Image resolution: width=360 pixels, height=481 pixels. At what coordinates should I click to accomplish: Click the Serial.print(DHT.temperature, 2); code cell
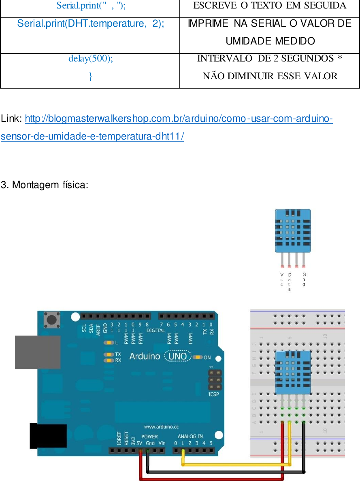click(x=90, y=23)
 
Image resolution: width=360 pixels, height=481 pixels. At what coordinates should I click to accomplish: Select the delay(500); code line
click(x=90, y=58)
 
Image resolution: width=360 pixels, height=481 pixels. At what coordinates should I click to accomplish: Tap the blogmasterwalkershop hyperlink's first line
click(x=179, y=119)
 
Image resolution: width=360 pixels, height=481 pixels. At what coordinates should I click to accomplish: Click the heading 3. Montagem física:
click(x=45, y=185)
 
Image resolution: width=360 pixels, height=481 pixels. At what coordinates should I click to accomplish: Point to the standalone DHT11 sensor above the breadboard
click(x=292, y=230)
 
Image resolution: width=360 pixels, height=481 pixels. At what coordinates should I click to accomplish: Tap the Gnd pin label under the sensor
click(x=304, y=280)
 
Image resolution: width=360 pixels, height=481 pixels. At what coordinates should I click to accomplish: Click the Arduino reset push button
click(x=52, y=320)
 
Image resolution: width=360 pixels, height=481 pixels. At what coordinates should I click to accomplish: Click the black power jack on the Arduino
click(x=48, y=436)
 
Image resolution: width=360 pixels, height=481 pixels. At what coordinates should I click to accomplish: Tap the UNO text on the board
click(x=177, y=356)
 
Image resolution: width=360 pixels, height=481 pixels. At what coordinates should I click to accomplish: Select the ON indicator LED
click(x=198, y=357)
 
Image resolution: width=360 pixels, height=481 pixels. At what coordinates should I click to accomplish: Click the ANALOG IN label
click(x=190, y=436)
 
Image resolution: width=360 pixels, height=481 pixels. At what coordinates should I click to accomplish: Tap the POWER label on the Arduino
click(x=149, y=437)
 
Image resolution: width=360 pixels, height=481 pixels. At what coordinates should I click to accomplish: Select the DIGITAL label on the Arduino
click(x=156, y=331)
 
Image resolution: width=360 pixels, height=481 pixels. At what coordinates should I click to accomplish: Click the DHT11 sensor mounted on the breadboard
click(x=292, y=372)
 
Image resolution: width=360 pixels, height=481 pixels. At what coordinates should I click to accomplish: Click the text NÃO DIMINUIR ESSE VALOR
click(x=270, y=76)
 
